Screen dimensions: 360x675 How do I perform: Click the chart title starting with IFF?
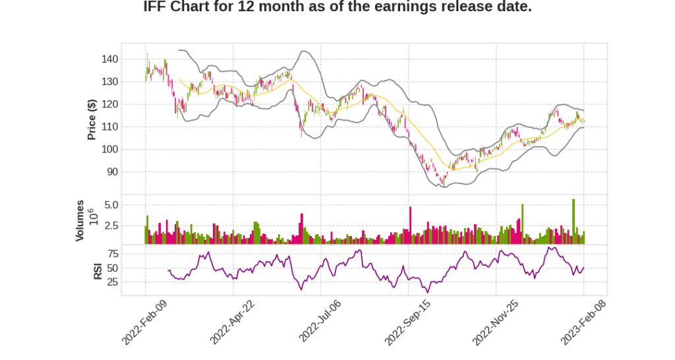337,7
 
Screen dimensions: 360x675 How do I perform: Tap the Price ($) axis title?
92,119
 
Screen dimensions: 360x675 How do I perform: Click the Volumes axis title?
80,220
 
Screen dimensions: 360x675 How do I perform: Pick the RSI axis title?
98,270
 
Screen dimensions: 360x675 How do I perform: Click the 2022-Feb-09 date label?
144,320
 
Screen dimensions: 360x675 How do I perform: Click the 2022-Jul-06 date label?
320,320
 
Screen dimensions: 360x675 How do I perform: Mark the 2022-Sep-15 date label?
407,320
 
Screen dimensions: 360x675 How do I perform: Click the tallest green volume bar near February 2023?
573,222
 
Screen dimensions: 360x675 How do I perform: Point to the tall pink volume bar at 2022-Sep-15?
410,225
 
